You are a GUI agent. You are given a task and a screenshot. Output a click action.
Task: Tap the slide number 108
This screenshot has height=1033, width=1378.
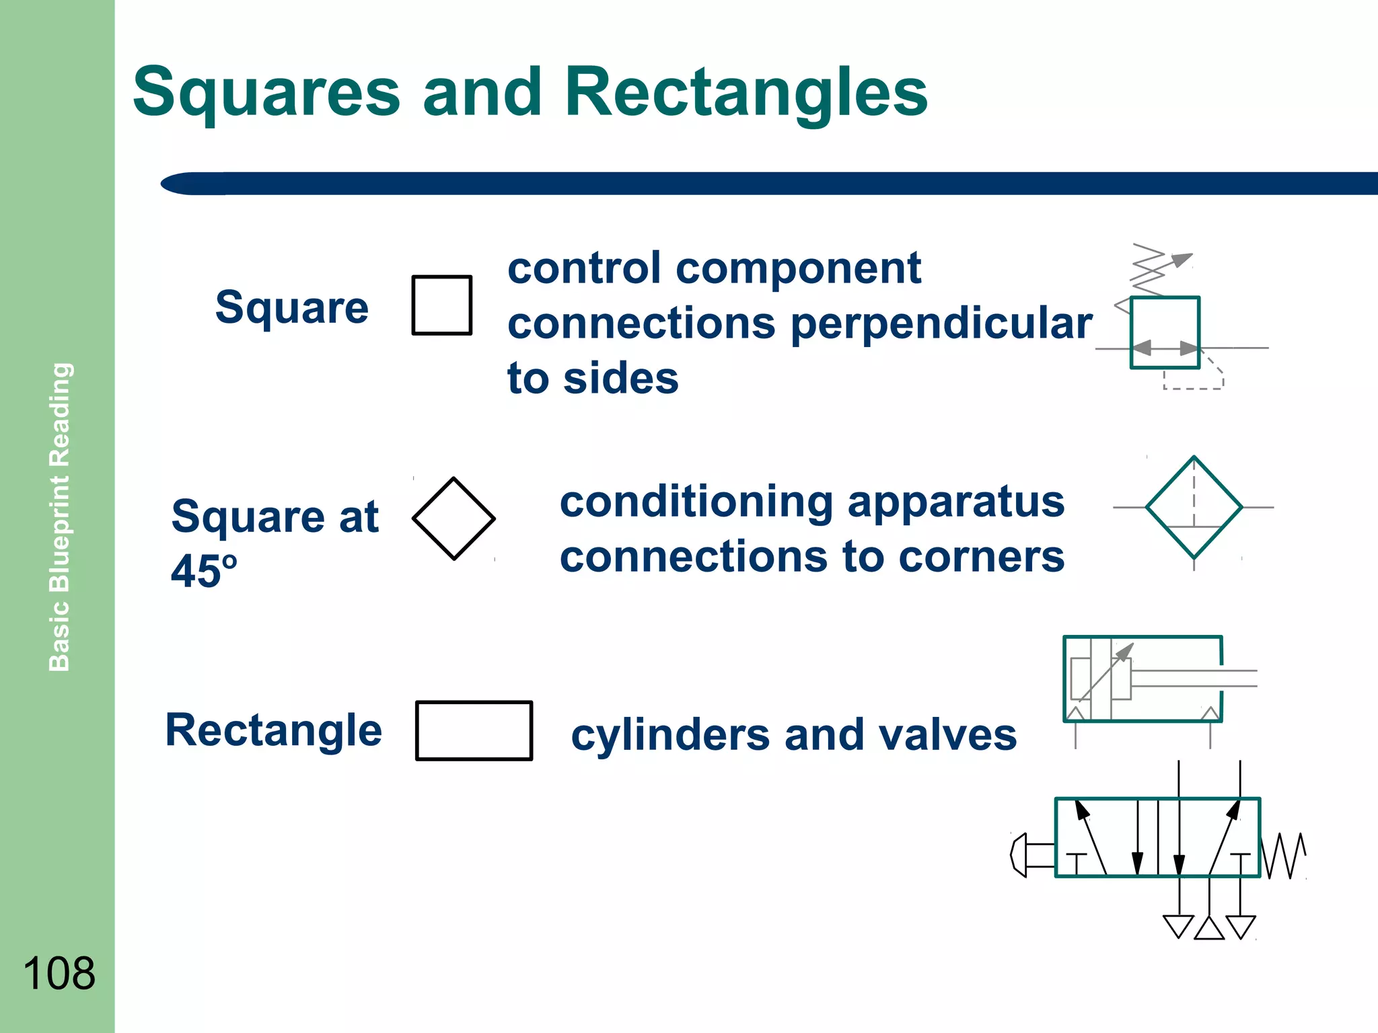pos(59,972)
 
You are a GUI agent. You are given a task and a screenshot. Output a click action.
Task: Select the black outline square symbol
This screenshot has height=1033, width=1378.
pos(441,305)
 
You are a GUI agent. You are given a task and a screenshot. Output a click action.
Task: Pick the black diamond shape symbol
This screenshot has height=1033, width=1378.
pos(454,519)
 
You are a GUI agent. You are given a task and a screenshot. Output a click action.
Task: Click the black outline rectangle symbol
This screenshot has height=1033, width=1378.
pos(474,730)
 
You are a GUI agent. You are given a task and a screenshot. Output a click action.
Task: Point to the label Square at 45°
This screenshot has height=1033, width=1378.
pos(275,542)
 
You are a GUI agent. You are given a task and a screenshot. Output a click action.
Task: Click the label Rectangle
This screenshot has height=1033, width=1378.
pos(273,730)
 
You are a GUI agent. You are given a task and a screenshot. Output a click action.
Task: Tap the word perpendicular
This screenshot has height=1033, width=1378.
pos(941,324)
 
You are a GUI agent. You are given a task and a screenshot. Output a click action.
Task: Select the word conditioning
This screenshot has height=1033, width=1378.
pos(696,502)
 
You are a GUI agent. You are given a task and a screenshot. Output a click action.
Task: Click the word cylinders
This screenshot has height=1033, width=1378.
pos(669,734)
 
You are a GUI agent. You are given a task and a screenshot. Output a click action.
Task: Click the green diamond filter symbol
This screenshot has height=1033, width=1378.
pos(1194,508)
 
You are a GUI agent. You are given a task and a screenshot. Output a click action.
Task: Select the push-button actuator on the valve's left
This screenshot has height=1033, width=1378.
pos(1029,854)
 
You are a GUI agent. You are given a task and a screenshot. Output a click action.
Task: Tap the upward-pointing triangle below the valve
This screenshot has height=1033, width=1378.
pos(1209,929)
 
